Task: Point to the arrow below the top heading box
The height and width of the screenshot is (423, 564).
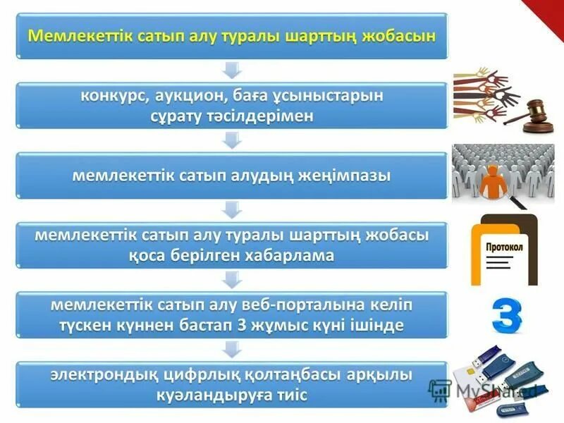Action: tap(232, 70)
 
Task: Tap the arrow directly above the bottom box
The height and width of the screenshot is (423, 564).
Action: tap(232, 349)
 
